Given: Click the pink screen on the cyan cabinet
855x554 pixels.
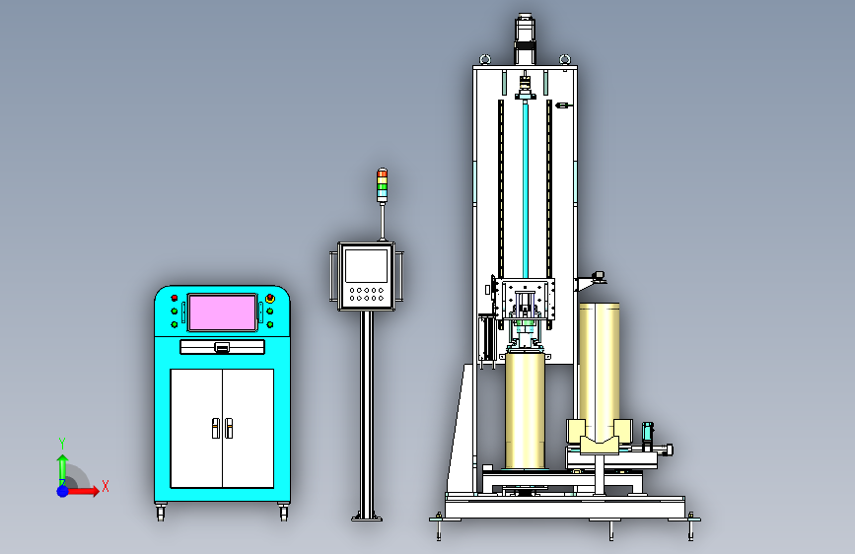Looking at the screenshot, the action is point(222,312).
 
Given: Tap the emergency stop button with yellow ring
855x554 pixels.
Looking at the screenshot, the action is point(270,299).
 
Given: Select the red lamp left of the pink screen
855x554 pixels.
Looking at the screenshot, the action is point(175,298).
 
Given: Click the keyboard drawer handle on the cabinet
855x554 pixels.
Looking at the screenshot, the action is point(222,347).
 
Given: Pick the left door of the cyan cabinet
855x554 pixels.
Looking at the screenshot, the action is point(196,428).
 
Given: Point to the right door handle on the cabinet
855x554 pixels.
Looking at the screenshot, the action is point(229,428).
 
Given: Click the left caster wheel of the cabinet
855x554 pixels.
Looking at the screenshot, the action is point(161,512).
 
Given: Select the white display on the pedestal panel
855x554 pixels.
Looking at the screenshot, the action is point(367,265).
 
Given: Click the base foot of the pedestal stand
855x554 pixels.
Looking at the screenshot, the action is point(367,517).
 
